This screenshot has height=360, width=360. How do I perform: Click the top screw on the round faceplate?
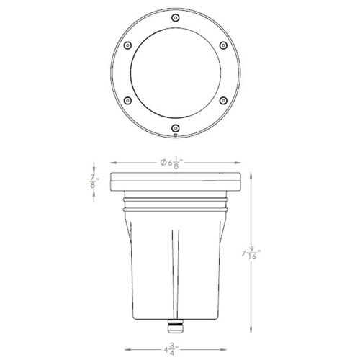[176, 15]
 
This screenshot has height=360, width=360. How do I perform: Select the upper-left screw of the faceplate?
[127, 43]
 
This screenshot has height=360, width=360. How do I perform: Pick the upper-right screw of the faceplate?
[224, 43]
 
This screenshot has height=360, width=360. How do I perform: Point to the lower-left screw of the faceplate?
[127, 99]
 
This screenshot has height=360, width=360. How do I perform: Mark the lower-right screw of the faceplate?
[224, 99]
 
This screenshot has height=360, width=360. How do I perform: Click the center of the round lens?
[176, 71]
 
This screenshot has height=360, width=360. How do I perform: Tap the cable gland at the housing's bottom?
[175, 329]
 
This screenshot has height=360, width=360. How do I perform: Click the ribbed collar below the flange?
[176, 205]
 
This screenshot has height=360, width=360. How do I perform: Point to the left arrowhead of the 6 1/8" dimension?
[112, 163]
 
